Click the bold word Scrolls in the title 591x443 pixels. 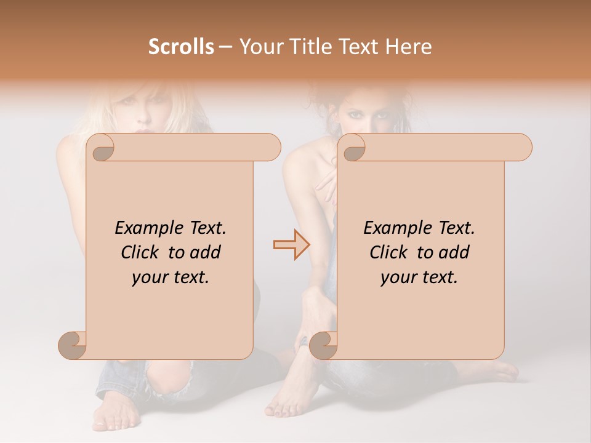point(181,47)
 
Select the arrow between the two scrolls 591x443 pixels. point(292,245)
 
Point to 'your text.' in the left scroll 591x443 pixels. point(171,277)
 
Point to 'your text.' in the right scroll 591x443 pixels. point(419,277)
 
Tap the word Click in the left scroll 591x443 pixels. point(135,252)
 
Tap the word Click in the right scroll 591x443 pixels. point(384,252)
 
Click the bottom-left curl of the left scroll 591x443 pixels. point(73,345)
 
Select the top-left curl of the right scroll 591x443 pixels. point(353,148)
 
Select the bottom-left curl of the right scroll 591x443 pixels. point(323,345)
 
